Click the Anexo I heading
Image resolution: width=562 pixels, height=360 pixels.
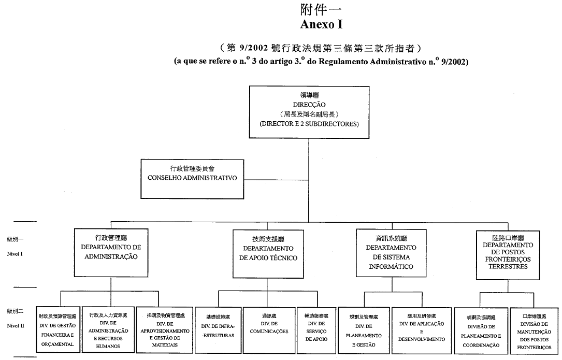tap(321, 24)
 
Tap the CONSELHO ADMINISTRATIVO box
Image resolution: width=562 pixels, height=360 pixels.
tap(193, 173)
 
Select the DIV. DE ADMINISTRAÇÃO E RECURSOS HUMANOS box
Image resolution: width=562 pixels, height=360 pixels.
tap(108, 329)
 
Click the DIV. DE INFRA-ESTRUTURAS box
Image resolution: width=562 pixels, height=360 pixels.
tap(218, 329)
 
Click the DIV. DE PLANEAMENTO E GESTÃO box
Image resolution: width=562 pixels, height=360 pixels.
tap(364, 329)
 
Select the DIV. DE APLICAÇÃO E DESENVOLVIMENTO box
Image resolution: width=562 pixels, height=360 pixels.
tap(422, 329)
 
